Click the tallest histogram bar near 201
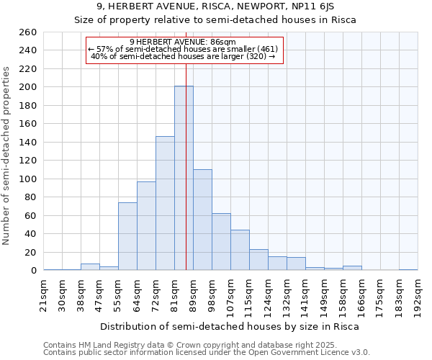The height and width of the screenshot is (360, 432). pos(184,179)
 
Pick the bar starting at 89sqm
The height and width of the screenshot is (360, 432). pos(202,220)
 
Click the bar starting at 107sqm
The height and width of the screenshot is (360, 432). pos(240,250)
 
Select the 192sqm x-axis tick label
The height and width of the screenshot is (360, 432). pos(418,293)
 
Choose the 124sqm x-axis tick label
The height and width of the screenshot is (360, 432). pos(268,293)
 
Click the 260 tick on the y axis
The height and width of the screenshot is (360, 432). pos(28,32)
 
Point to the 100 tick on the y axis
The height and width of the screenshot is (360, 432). pos(28,179)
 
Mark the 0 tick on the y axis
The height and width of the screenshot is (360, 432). pos(33,271)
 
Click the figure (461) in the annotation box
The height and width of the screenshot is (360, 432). pos(266,49)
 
